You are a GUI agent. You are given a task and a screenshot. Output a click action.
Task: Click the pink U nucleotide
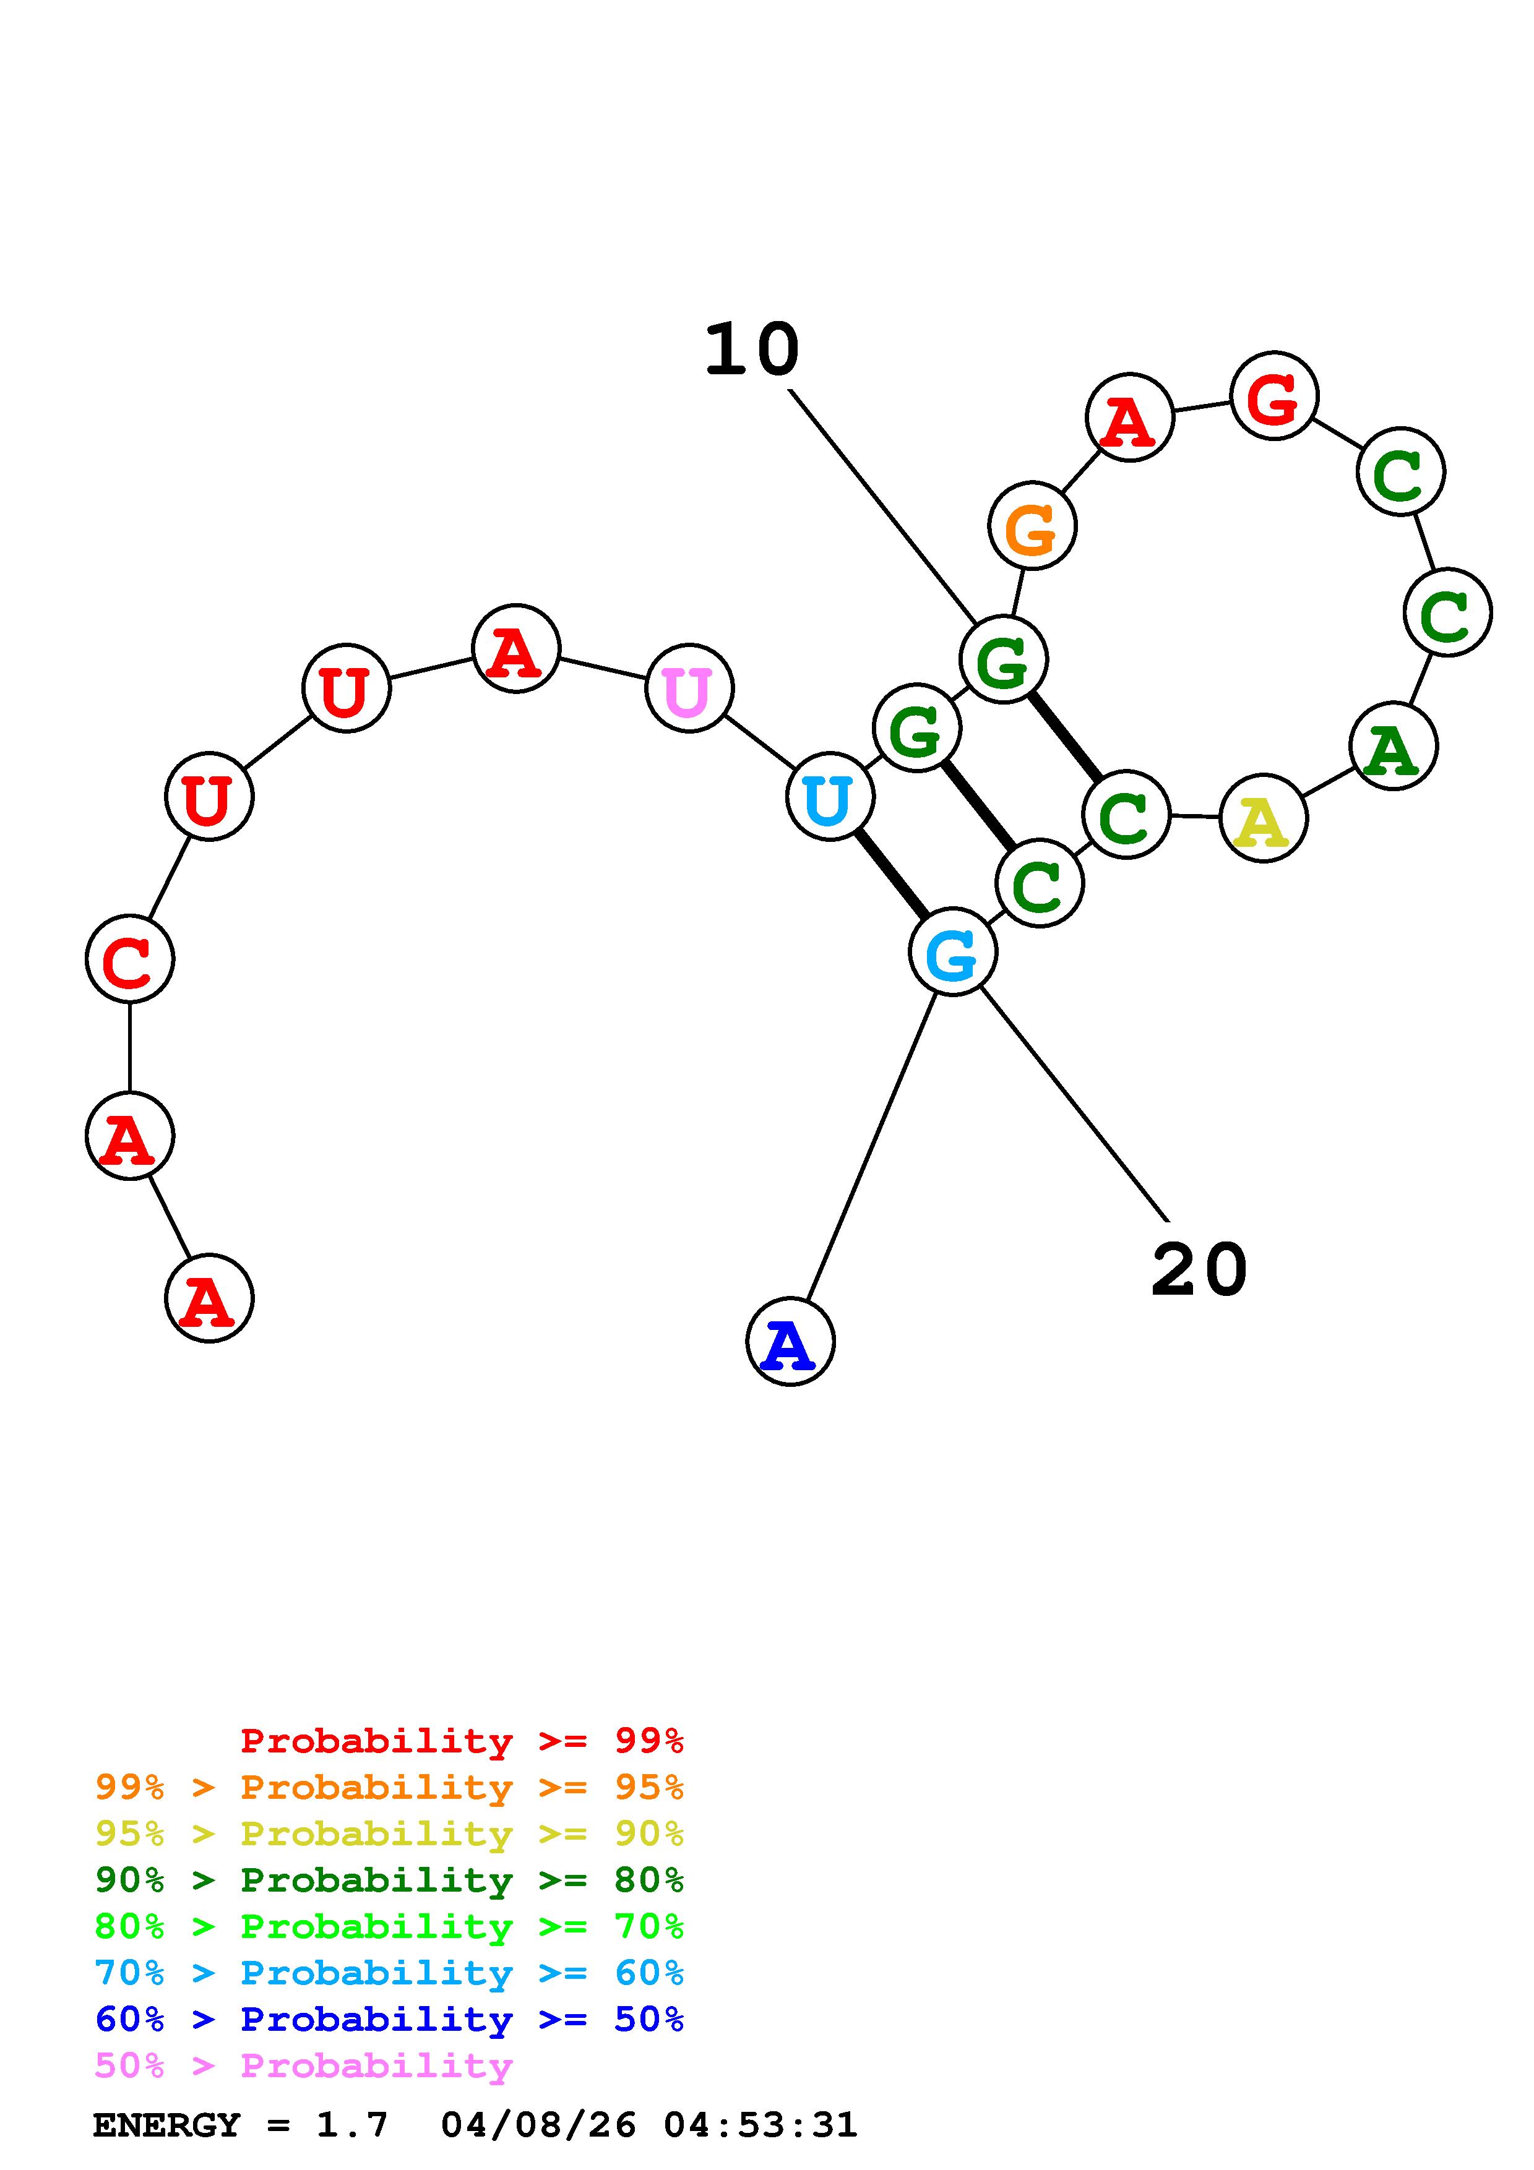click(x=689, y=689)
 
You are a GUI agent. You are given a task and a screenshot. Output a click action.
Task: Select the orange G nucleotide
click(x=1032, y=526)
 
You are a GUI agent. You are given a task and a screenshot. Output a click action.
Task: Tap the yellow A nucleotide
click(x=1264, y=818)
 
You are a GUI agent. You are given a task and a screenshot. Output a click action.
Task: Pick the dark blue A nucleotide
click(x=790, y=1342)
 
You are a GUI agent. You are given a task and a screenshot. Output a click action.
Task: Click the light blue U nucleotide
click(x=830, y=797)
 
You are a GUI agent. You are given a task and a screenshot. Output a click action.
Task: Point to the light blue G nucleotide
click(x=953, y=953)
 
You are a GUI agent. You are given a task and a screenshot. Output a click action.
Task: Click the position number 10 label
click(x=752, y=350)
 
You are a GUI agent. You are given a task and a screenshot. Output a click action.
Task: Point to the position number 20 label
click(x=1199, y=1269)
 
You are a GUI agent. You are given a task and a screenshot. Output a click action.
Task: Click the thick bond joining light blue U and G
click(x=891, y=874)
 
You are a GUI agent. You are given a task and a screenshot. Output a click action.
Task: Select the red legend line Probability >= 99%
click(x=462, y=1741)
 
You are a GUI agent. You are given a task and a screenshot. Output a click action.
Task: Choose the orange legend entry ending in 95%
click(x=389, y=1787)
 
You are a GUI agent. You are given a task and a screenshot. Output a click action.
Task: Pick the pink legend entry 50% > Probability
click(x=303, y=2066)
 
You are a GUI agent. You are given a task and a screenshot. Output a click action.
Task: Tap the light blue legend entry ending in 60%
click(x=389, y=1973)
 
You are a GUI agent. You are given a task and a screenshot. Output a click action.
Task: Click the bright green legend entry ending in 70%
click(x=389, y=1926)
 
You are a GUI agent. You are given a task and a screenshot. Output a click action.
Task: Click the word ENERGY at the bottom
click(x=166, y=2125)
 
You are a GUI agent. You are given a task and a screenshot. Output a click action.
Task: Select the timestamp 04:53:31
click(x=761, y=2125)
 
